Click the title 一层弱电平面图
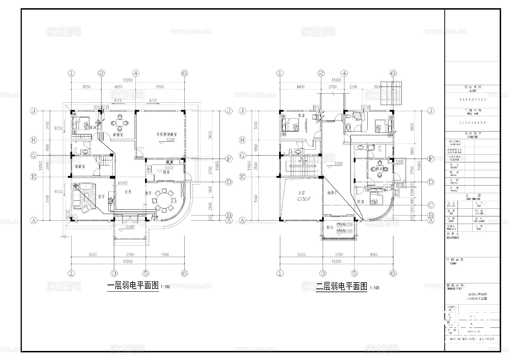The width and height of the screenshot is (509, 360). point(133,286)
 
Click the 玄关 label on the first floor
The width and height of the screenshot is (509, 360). point(128,192)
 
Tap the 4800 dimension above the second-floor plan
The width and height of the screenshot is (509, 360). point(300,87)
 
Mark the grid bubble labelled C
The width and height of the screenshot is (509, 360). point(431,205)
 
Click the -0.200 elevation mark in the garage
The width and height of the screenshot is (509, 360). point(170,140)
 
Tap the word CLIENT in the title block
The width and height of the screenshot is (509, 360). point(473,91)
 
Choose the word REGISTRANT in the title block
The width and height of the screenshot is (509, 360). point(453,238)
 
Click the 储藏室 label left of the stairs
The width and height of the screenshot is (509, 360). point(80,167)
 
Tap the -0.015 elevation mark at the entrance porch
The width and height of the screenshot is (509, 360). point(130,227)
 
